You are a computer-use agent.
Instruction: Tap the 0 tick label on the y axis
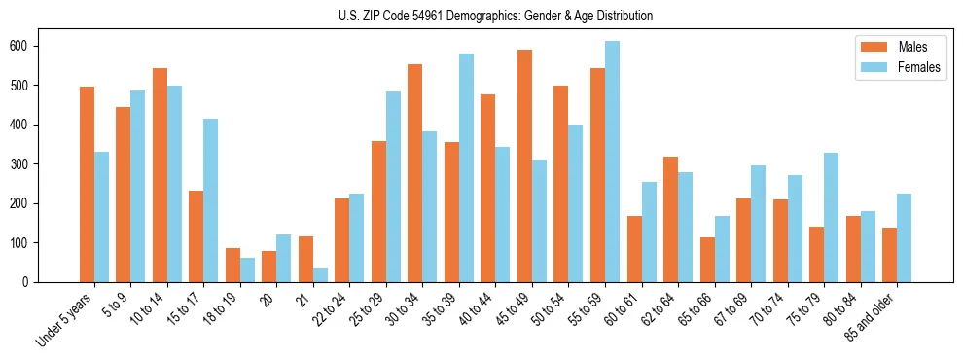coord(31,282)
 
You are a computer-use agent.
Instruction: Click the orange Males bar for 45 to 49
coord(524,165)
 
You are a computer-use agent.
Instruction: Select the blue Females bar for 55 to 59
coord(612,162)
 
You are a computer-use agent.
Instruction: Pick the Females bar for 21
coord(320,274)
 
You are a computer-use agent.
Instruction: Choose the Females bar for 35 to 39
coord(466,167)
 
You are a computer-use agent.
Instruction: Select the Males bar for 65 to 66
coord(707,260)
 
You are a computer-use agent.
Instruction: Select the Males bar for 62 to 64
coord(670,219)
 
